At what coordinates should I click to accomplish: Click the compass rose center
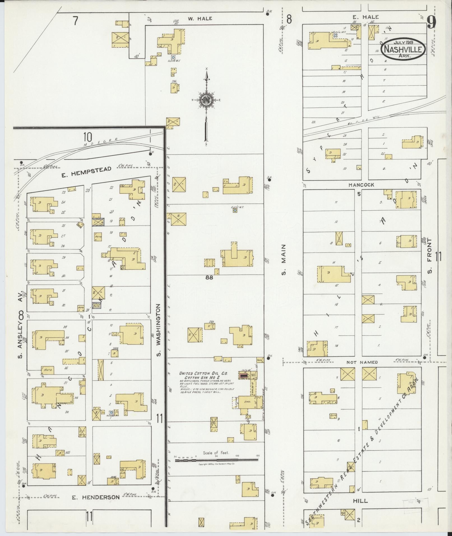coord(206,100)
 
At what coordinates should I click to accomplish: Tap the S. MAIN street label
coord(284,260)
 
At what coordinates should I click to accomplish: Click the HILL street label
coord(360,501)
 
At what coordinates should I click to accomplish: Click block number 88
coord(209,278)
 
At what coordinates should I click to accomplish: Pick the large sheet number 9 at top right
coord(432,22)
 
